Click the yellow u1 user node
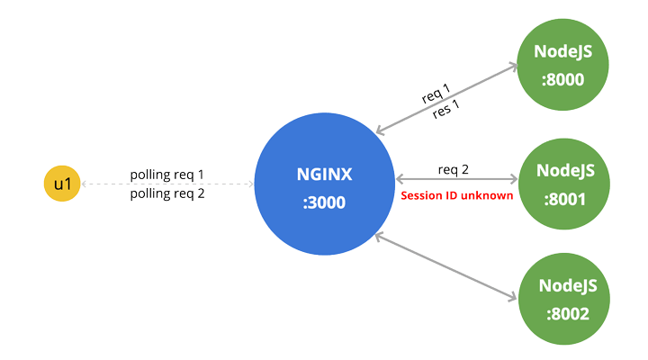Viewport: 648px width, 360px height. (61, 184)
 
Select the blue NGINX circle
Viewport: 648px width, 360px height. (324, 184)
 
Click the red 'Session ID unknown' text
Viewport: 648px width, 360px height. (456, 195)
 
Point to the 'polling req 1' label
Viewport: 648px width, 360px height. (167, 174)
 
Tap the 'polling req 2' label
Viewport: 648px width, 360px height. (167, 193)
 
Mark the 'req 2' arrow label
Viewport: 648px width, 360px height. (454, 170)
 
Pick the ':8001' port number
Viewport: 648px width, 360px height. (563, 198)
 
